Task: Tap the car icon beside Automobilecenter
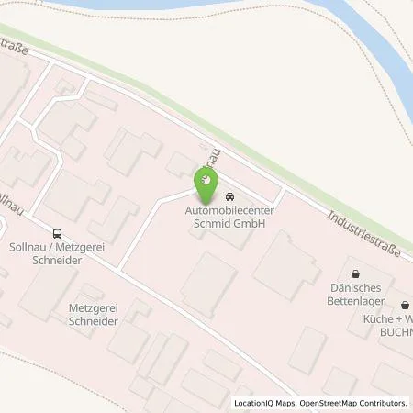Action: tap(229, 195)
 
